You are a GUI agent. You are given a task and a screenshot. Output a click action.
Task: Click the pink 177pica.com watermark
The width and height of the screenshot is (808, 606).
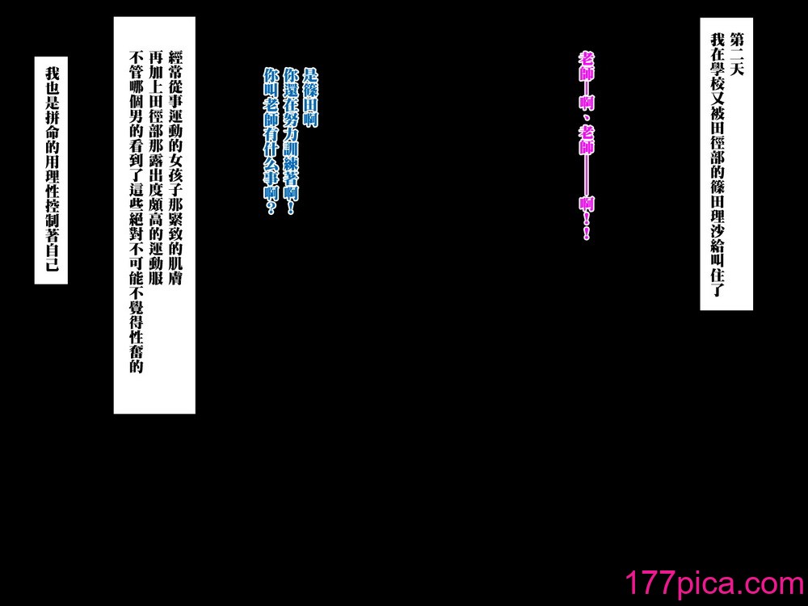714,583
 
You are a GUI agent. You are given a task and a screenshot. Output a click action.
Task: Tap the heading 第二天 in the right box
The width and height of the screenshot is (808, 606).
738,54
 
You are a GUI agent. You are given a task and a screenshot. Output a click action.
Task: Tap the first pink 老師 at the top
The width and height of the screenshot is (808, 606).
587,66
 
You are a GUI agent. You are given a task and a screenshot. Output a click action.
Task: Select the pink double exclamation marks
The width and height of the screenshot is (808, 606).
587,228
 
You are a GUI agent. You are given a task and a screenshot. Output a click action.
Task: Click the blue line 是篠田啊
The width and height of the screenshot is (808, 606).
311,98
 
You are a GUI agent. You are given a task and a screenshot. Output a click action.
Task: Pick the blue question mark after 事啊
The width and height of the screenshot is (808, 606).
271,208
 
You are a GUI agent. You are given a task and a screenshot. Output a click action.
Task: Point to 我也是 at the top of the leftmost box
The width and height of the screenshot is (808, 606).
52,88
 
